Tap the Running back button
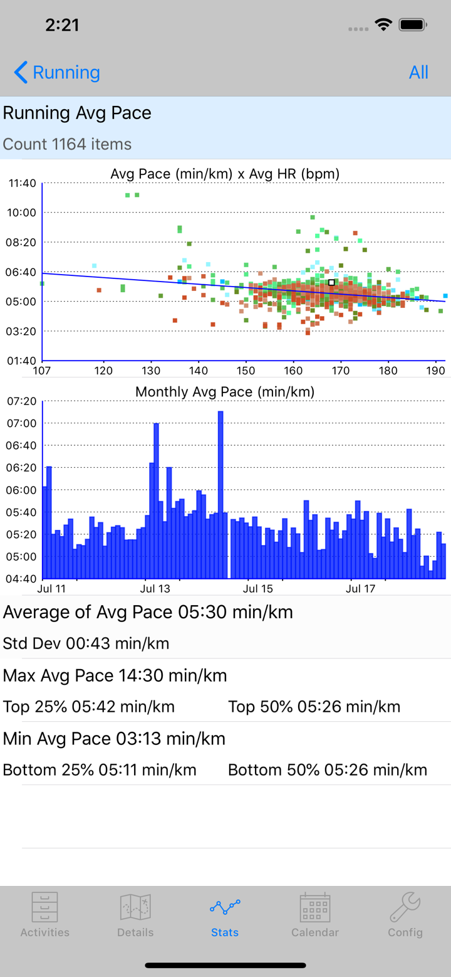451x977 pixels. click(57, 73)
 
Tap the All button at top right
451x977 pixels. click(418, 73)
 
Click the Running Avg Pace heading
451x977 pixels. click(77, 113)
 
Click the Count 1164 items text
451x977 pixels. click(67, 144)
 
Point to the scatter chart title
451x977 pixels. click(225, 174)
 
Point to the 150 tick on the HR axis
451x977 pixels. click(246, 370)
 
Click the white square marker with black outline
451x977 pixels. click(331, 283)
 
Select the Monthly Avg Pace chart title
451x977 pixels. click(225, 392)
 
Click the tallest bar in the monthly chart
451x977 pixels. click(220, 494)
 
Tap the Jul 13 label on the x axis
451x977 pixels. click(155, 589)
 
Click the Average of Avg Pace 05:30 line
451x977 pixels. click(148, 612)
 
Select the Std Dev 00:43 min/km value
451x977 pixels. click(86, 643)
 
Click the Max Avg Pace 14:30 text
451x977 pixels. click(115, 675)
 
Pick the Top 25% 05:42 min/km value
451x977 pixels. click(88, 707)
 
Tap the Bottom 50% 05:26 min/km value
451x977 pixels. click(327, 769)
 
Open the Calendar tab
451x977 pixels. click(315, 915)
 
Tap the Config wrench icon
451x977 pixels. click(405, 907)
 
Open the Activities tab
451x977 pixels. click(44, 915)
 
